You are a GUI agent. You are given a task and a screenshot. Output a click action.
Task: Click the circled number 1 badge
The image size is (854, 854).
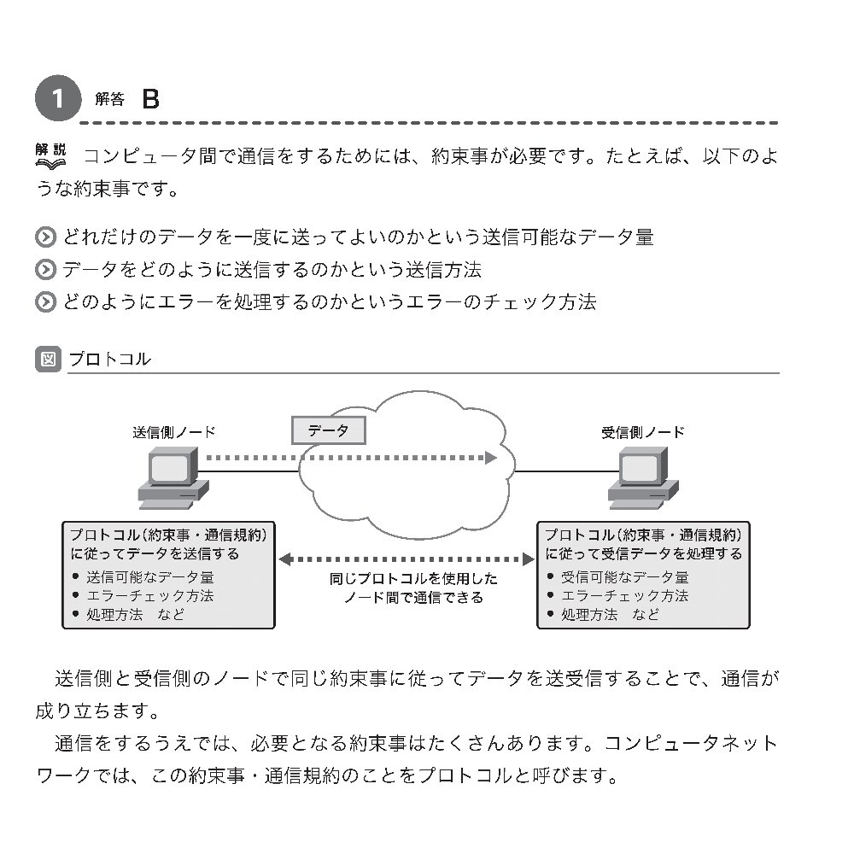tap(58, 98)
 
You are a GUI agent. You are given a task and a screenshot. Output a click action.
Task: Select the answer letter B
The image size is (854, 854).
tap(150, 99)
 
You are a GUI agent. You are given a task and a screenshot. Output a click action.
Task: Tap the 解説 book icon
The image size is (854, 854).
tap(50, 156)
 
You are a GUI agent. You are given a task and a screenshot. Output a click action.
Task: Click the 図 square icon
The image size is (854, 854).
tap(48, 359)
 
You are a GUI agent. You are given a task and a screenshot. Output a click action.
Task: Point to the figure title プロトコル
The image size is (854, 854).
tap(110, 359)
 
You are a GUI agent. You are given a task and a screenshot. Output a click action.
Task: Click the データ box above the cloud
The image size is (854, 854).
tap(329, 430)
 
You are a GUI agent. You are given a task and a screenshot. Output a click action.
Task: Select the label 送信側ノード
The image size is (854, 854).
tap(173, 432)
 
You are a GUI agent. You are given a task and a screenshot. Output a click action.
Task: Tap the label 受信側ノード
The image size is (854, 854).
tap(643, 432)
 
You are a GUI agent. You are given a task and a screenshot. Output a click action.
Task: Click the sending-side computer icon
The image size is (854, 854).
tap(173, 478)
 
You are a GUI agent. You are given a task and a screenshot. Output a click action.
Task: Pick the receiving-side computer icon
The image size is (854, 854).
tap(643, 478)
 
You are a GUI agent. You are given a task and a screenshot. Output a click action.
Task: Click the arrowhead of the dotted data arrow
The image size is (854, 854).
tap(491, 458)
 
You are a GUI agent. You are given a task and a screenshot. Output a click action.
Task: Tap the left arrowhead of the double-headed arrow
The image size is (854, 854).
tap(285, 559)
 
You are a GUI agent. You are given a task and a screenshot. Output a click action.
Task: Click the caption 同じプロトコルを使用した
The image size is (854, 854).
tap(413, 578)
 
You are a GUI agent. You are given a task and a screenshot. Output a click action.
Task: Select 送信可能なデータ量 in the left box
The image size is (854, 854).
tap(149, 576)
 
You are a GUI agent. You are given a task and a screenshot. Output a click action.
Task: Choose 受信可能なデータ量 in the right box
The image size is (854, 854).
tap(625, 576)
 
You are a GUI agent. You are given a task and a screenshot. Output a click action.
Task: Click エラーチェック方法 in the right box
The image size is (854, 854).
tap(625, 596)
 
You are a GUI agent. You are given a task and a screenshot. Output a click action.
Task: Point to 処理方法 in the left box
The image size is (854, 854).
tap(114, 615)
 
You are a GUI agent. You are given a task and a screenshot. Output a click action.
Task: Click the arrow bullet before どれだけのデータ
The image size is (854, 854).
tap(46, 237)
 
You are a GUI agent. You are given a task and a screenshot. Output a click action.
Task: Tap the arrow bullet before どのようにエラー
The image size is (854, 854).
tap(46, 302)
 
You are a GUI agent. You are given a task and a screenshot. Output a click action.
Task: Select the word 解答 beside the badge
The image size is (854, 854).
tap(109, 99)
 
